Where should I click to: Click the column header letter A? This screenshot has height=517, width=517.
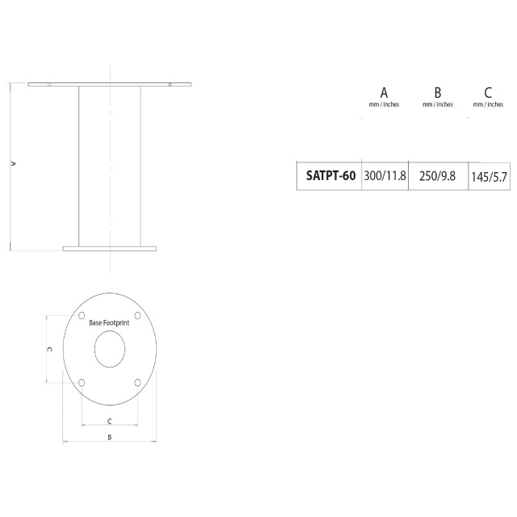pyautogui.click(x=384, y=91)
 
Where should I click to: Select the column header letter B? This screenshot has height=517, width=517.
pyautogui.click(x=437, y=91)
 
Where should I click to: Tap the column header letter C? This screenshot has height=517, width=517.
pyautogui.click(x=488, y=91)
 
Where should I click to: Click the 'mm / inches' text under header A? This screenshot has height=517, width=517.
pyautogui.click(x=384, y=104)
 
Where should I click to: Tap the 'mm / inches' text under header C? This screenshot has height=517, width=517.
pyautogui.click(x=488, y=104)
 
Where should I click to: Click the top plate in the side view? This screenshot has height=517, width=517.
pyautogui.click(x=109, y=84)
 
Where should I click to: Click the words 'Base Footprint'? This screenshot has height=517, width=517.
pyautogui.click(x=109, y=322)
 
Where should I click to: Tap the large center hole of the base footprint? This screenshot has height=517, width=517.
pyautogui.click(x=110, y=349)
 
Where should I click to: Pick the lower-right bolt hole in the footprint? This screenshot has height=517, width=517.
pyautogui.click(x=138, y=382)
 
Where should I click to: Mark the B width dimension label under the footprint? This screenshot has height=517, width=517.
pyautogui.click(x=110, y=436)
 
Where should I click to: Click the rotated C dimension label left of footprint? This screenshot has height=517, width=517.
pyautogui.click(x=50, y=349)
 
